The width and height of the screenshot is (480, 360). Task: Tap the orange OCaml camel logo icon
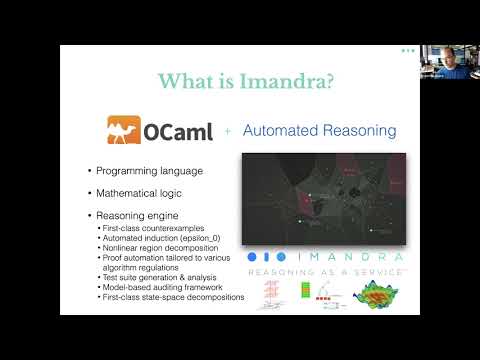tap(127, 131)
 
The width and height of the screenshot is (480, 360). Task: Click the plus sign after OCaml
tap(227, 132)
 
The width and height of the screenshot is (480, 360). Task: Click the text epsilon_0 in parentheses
tap(206, 239)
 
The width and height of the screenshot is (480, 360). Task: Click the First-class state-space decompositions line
tap(174, 298)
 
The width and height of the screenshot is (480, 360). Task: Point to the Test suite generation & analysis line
tap(160, 278)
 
